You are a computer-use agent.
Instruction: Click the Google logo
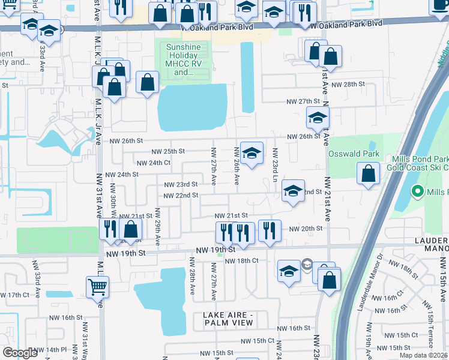[x=20, y=353]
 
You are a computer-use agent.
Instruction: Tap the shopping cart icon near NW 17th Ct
[x=97, y=287]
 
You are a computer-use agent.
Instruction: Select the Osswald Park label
[x=354, y=154]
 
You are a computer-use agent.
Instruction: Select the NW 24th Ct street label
[x=154, y=163]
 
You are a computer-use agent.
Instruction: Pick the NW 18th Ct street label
[x=241, y=261]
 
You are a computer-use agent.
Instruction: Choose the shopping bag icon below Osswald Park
[x=367, y=174]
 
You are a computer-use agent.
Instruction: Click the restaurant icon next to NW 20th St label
[x=270, y=230]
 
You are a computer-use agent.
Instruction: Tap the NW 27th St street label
[x=303, y=103]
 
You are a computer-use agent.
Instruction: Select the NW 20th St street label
[x=306, y=229]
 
